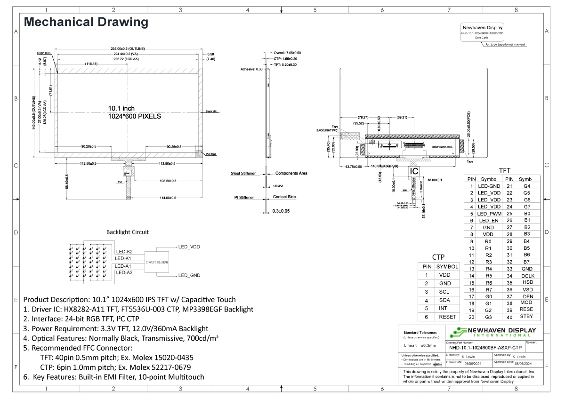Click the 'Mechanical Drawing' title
pyautogui.click(x=86, y=22)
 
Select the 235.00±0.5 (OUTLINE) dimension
pyautogui.click(x=128, y=49)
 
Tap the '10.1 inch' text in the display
pyautogui.click(x=121, y=109)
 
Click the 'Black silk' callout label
pyautogui.click(x=210, y=112)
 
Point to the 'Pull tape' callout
pyautogui.click(x=210, y=154)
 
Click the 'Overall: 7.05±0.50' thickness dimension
pyautogui.click(x=287, y=53)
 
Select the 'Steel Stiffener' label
pyautogui.click(x=243, y=173)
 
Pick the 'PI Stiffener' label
pyautogui.click(x=245, y=197)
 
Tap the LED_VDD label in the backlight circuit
pyautogui.click(x=189, y=247)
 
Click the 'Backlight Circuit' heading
pyautogui.click(x=127, y=232)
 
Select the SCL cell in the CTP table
pyautogui.click(x=444, y=292)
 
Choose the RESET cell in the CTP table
pyautogui.click(x=447, y=317)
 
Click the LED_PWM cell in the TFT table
pyautogui.click(x=488, y=214)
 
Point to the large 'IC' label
pyautogui.click(x=414, y=172)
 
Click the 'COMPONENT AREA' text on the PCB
pyautogui.click(x=442, y=147)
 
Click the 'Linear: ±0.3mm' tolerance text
pyautogui.click(x=420, y=345)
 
